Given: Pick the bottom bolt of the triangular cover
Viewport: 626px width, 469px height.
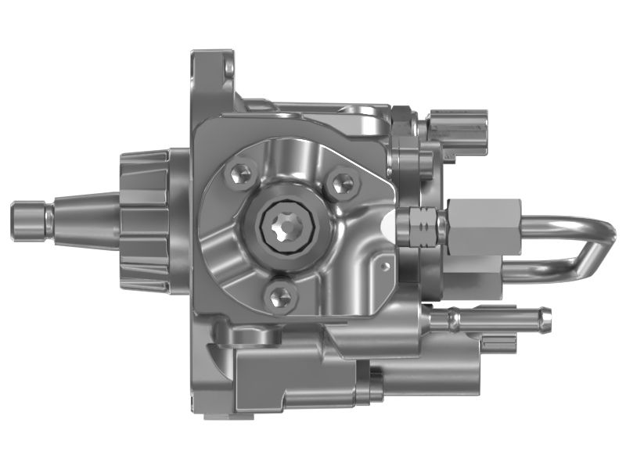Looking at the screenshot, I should point(279,295).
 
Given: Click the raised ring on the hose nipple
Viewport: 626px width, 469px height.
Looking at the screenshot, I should point(455,317).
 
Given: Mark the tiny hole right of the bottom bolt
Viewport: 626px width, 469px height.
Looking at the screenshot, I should point(381,266).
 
